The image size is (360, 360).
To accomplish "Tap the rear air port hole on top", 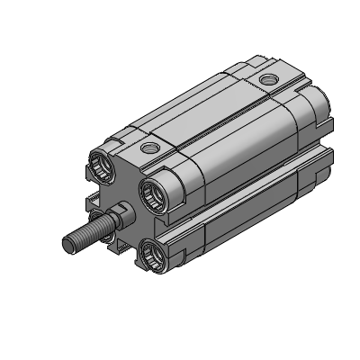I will (266, 81).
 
